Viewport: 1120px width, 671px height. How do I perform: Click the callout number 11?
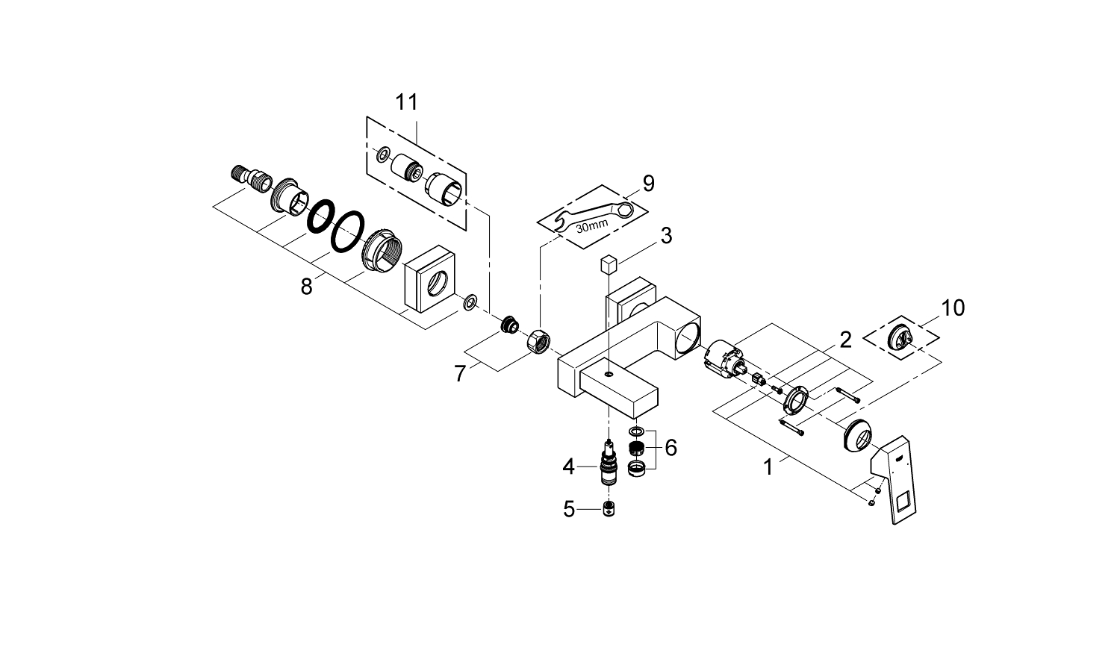pos(407,102)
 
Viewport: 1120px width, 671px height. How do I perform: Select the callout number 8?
pos(306,286)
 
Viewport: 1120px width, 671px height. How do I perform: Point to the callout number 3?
pos(666,236)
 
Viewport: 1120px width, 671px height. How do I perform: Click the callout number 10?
pos(953,308)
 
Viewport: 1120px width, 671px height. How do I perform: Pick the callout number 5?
pos(569,510)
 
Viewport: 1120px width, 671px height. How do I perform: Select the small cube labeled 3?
pos(609,263)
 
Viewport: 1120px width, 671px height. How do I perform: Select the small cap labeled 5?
pos(609,511)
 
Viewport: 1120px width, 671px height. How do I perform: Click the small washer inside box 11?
pos(383,154)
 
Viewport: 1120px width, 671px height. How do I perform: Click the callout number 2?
pos(845,340)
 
